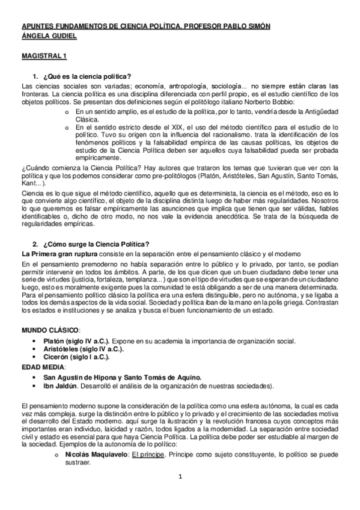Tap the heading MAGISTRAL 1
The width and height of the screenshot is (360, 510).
(x=44, y=57)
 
